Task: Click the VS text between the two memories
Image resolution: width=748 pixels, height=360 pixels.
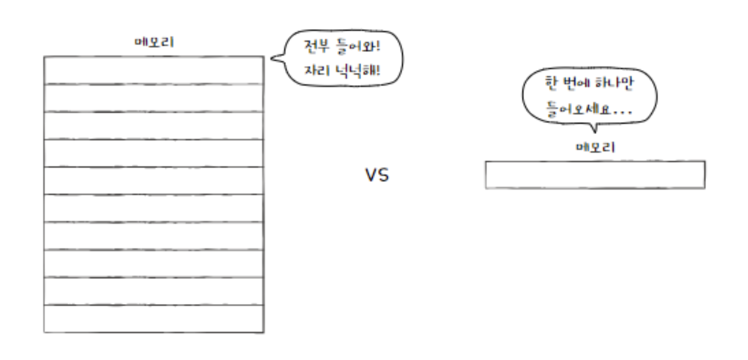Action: click(x=377, y=176)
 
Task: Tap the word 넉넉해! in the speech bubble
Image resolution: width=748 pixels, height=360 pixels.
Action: click(x=358, y=71)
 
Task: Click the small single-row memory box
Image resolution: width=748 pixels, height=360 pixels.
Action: click(x=595, y=175)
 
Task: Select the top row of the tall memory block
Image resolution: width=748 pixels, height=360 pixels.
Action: click(x=154, y=70)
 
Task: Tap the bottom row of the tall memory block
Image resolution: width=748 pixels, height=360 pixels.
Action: click(x=154, y=319)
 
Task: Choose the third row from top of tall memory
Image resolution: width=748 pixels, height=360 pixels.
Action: click(x=154, y=126)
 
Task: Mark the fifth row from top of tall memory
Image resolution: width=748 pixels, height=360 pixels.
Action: click(x=154, y=181)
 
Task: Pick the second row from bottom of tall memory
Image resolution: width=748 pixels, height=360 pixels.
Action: click(x=154, y=292)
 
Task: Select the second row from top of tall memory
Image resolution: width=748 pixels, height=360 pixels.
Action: click(x=154, y=98)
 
